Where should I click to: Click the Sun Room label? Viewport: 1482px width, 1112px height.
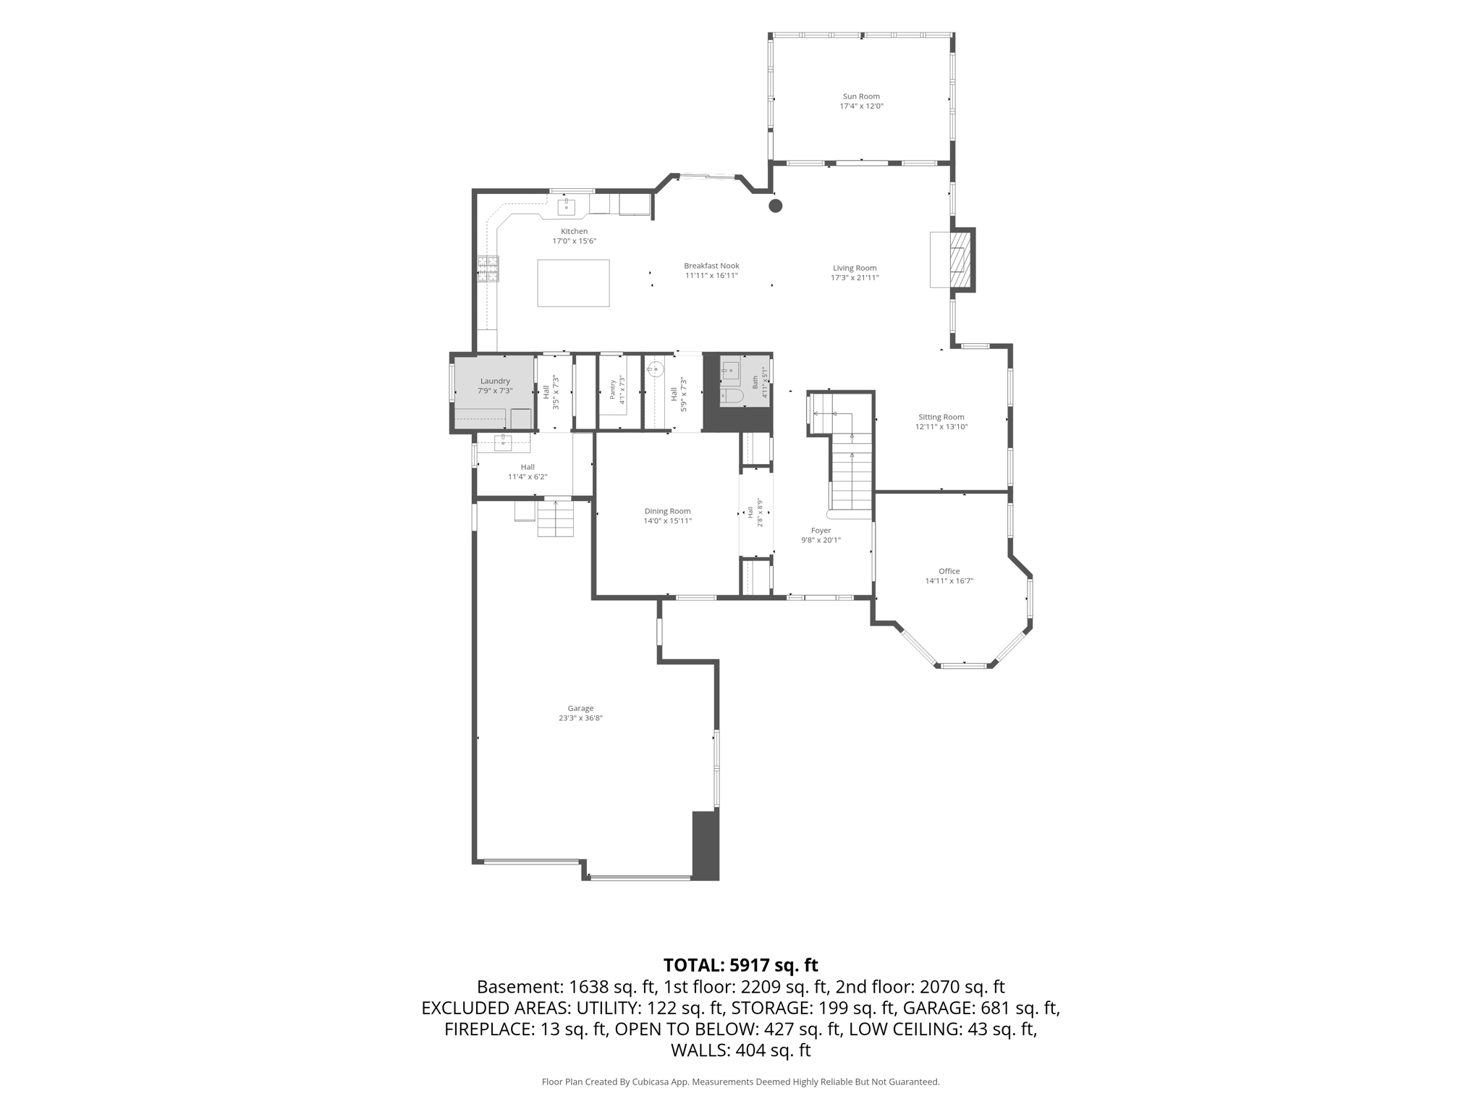pyautogui.click(x=861, y=96)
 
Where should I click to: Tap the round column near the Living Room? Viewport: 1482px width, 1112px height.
pyautogui.click(x=776, y=206)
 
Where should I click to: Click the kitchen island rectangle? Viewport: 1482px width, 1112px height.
pyautogui.click(x=573, y=283)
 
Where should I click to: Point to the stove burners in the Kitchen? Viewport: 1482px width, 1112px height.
pyautogui.click(x=488, y=268)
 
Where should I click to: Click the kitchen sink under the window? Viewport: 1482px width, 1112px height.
pyautogui.click(x=566, y=207)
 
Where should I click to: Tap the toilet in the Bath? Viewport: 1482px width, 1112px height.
pyautogui.click(x=732, y=397)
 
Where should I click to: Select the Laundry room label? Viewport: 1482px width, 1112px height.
pyautogui.click(x=495, y=381)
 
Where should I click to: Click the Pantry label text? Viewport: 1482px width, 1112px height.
pyautogui.click(x=612, y=389)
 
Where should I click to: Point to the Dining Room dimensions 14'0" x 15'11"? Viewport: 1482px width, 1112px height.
pyautogui.click(x=668, y=521)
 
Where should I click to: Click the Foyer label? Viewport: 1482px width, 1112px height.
pyautogui.click(x=821, y=531)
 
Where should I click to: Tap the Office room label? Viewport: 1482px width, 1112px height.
pyautogui.click(x=949, y=571)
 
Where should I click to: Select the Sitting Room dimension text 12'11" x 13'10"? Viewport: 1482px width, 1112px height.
pyautogui.click(x=941, y=426)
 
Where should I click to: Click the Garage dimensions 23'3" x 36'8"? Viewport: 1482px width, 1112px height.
pyautogui.click(x=580, y=718)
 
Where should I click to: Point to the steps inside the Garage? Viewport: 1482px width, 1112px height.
pyautogui.click(x=555, y=519)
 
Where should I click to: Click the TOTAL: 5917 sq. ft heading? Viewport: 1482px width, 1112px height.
pyautogui.click(x=740, y=965)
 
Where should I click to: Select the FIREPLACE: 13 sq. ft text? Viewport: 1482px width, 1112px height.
pyautogui.click(x=525, y=1029)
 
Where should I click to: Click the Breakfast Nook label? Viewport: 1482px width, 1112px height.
pyautogui.click(x=711, y=266)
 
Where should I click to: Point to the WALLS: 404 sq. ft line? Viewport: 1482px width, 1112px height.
pyautogui.click(x=740, y=1050)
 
